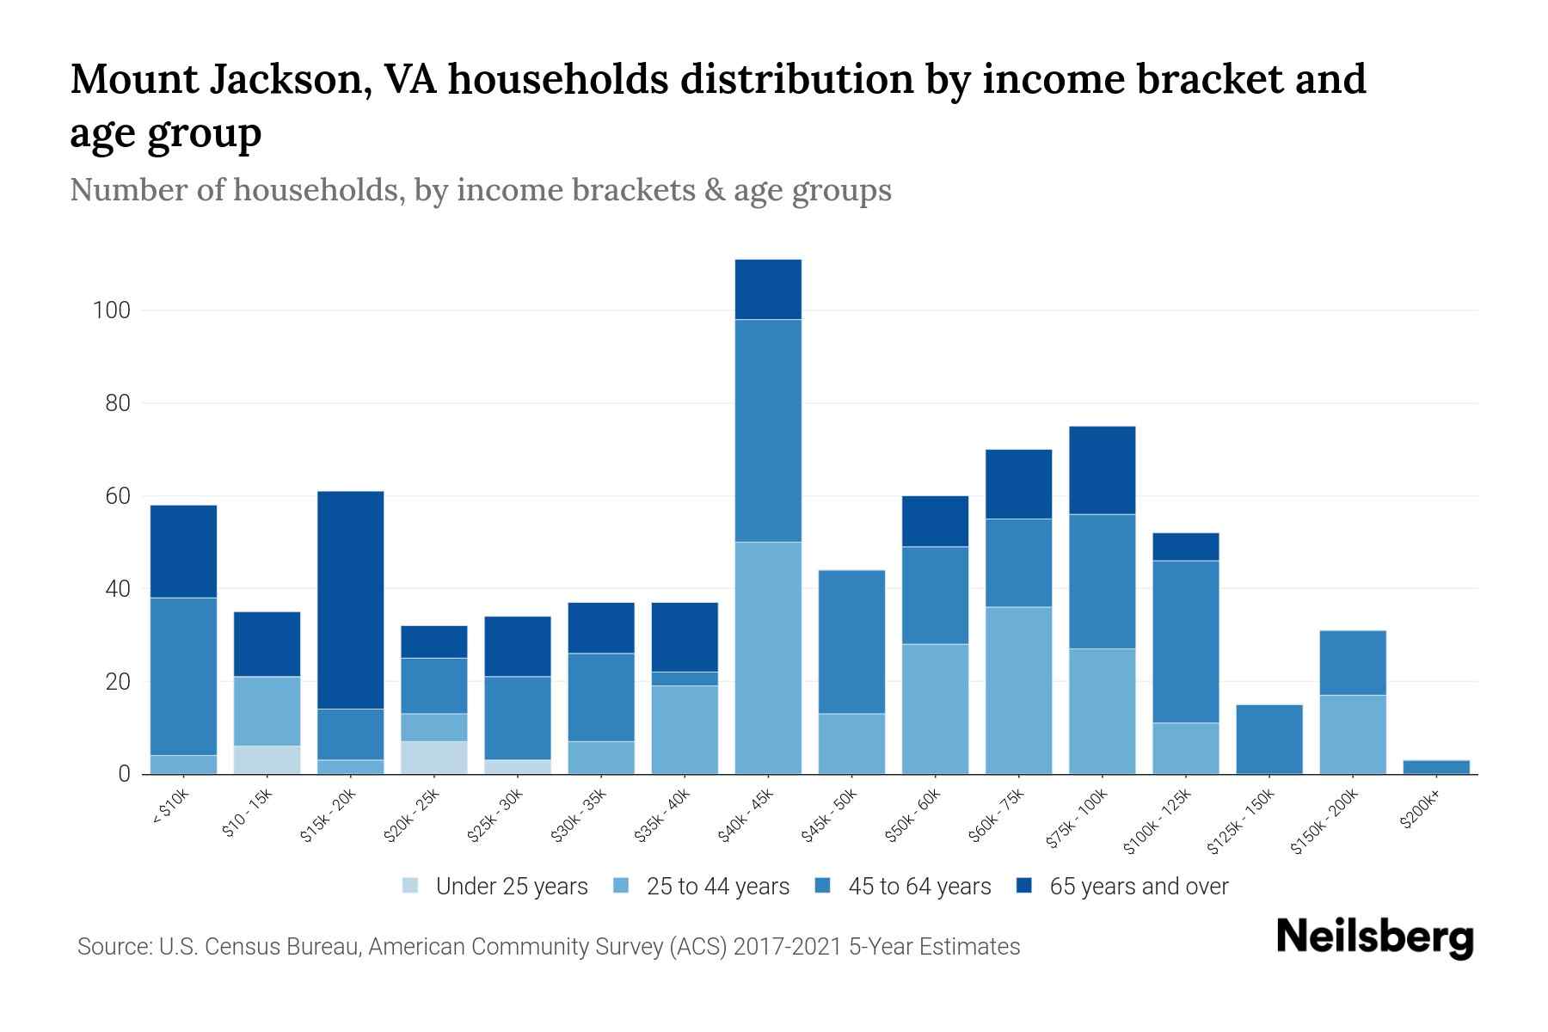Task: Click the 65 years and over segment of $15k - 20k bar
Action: pos(351,599)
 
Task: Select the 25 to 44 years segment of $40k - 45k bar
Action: pos(768,658)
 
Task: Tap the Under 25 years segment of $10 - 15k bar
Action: pos(267,759)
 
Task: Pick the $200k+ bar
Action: pos(1436,766)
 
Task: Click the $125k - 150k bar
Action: pos(1269,739)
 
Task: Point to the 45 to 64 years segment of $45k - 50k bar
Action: pos(851,642)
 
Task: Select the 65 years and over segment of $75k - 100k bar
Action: pos(1103,470)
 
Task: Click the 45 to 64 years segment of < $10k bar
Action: pos(184,676)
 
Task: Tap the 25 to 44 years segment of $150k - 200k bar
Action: pos(1353,734)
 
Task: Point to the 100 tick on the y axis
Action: pos(112,310)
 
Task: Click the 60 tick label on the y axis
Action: pos(118,496)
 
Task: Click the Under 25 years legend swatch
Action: pos(411,886)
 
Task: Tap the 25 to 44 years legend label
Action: pos(717,886)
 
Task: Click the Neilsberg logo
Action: pos(1375,937)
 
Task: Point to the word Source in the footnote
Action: pos(112,947)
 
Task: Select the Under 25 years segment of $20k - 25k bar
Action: pos(434,758)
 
